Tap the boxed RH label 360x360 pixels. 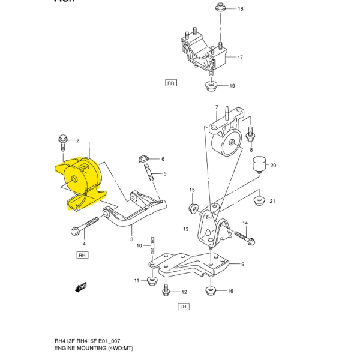(x=82, y=255)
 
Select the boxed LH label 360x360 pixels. (x=184, y=306)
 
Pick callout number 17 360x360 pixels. (x=239, y=58)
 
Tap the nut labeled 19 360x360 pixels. (x=211, y=86)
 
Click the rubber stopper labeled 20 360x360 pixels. (x=259, y=163)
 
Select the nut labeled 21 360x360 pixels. (x=259, y=200)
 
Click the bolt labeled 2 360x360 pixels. (x=64, y=142)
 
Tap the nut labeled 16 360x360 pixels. (x=211, y=291)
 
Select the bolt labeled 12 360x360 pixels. (x=166, y=290)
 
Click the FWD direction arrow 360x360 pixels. (x=81, y=287)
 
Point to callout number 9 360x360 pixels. (x=242, y=264)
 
